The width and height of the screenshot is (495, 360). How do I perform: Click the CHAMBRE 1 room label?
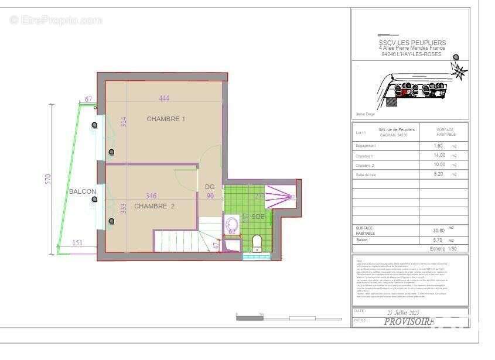click(166, 119)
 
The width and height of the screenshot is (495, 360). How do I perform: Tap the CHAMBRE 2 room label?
click(155, 206)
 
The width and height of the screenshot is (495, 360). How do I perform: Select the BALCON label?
click(83, 191)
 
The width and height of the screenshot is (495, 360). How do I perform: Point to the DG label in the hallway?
click(210, 187)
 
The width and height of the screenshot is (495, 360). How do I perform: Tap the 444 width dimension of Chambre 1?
click(163, 98)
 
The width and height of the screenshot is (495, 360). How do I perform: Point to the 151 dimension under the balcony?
click(77, 242)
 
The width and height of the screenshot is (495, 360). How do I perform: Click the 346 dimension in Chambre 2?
click(151, 196)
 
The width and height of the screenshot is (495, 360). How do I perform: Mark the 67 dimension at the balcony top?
click(88, 100)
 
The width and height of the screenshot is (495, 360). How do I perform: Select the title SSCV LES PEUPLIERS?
click(412, 43)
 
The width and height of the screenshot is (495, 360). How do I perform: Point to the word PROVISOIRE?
click(409, 321)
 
